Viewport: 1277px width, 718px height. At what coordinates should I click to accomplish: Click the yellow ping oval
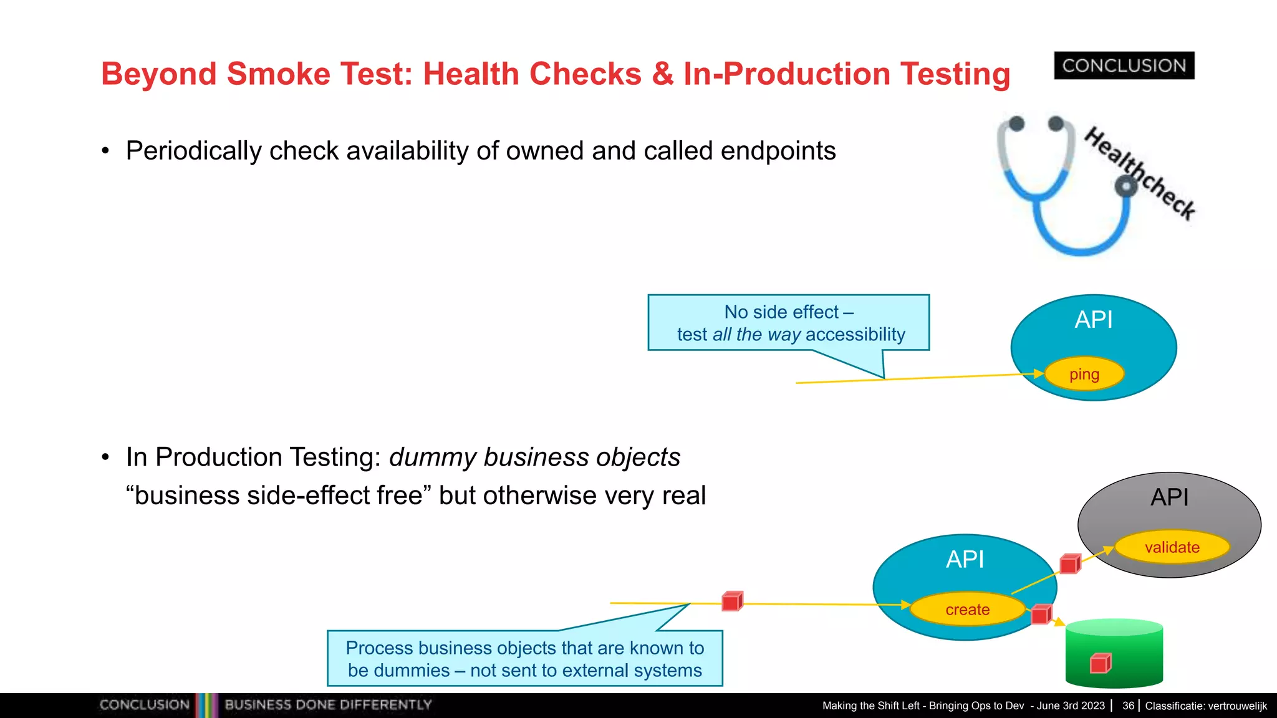[1084, 374]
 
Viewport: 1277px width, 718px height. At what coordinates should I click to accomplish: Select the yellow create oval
[967, 610]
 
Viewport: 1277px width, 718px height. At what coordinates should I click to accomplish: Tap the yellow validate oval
[1172, 547]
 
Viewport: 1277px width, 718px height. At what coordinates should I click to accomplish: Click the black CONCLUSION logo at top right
[1124, 65]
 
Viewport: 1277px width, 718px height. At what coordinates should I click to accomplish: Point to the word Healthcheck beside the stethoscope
[1140, 173]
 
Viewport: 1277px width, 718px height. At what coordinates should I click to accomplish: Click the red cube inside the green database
[1101, 663]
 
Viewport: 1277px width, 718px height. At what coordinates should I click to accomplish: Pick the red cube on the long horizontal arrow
[732, 601]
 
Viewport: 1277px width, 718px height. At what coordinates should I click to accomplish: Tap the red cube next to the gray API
[1070, 564]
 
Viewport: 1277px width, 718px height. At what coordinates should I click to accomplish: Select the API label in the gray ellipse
[1169, 497]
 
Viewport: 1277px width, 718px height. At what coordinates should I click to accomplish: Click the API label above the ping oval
[1094, 320]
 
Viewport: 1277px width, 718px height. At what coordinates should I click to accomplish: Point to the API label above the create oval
[965, 559]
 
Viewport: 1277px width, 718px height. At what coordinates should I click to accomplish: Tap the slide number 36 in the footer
[1128, 706]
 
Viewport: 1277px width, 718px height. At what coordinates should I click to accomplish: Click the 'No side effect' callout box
[789, 323]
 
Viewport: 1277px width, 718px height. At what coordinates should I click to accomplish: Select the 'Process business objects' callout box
[524, 659]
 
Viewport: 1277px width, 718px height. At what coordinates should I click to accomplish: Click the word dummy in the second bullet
[433, 457]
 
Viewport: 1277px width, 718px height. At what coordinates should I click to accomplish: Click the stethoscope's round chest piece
[1125, 186]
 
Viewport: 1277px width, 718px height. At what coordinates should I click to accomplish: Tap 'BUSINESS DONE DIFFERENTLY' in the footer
[328, 705]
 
